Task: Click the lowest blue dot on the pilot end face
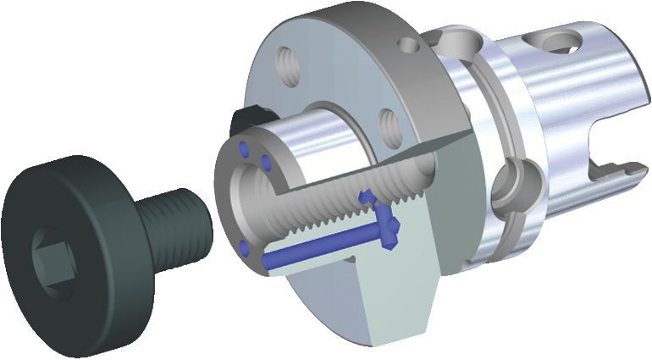coord(244,247)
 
